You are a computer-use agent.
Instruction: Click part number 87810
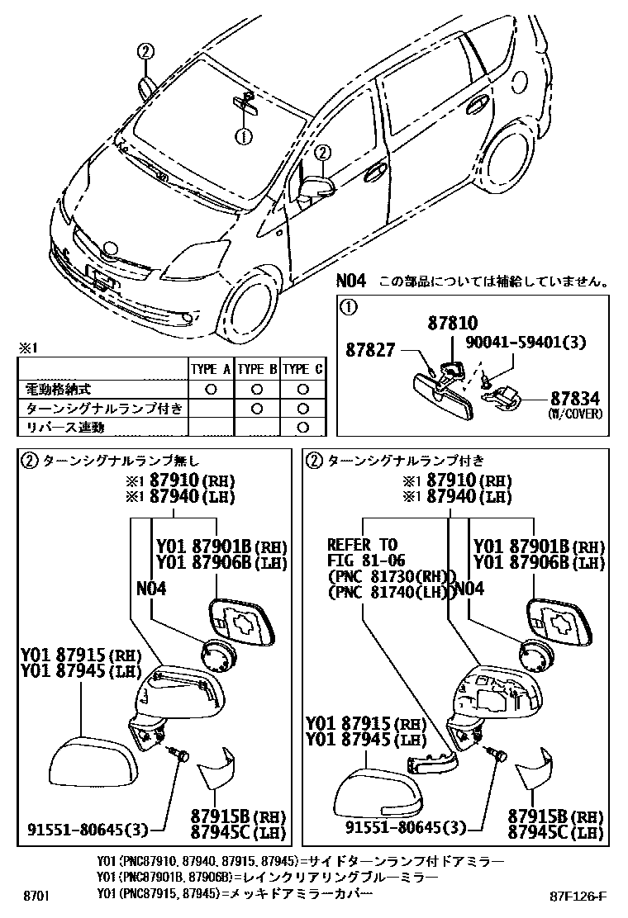click(x=453, y=323)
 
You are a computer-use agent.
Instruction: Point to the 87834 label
click(x=574, y=399)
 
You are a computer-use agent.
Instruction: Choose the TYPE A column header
click(x=211, y=368)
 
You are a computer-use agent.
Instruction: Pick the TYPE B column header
click(x=257, y=368)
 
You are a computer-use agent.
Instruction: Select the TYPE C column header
click(x=302, y=368)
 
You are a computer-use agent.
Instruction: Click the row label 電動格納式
click(x=56, y=388)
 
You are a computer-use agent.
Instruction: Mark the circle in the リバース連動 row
click(x=302, y=427)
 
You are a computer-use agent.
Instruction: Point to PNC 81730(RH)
click(x=392, y=576)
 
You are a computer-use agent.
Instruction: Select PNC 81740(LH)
click(x=392, y=592)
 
